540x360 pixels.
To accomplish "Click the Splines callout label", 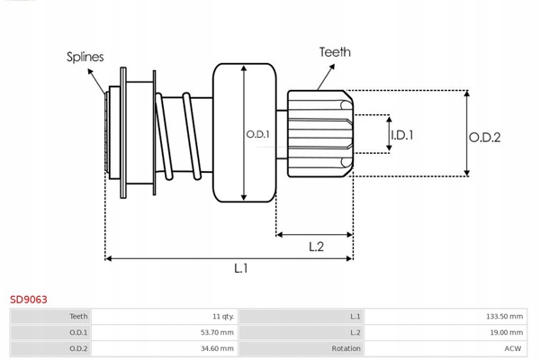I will coord(85,57).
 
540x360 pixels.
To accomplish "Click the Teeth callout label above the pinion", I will coord(334,53).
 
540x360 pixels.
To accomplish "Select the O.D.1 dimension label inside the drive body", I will coord(257,135).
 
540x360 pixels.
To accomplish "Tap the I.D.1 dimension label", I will coord(401,135).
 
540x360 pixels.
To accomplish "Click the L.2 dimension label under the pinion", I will coord(317,245).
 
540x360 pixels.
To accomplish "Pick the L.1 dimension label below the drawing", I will coord(241,268).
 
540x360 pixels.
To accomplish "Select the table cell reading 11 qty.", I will coord(220,317).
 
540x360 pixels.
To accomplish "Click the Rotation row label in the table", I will coord(346,347).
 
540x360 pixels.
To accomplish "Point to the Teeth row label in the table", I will coord(78,317).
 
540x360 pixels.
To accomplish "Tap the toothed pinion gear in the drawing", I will coord(319,133).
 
